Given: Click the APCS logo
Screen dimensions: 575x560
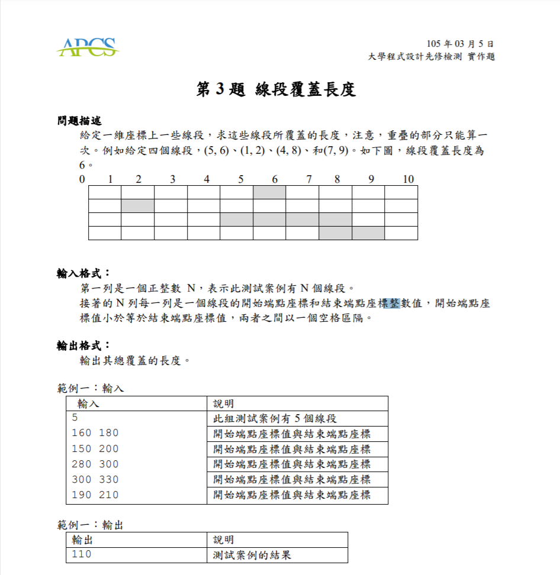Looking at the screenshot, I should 88,47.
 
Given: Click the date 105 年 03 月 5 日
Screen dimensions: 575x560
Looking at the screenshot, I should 460,44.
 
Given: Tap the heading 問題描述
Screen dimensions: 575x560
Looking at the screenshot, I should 79,121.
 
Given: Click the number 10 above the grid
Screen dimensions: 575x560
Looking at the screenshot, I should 408,179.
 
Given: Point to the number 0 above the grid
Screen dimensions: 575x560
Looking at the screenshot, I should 82,179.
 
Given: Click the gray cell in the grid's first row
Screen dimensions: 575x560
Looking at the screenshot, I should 269,192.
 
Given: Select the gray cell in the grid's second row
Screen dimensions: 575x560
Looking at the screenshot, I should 137,206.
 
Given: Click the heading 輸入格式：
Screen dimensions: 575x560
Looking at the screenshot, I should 83,273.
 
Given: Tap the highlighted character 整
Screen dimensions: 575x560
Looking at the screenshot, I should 394,303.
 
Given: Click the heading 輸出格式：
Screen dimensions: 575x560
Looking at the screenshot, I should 83,345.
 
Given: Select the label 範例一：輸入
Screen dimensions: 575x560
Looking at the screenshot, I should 91,389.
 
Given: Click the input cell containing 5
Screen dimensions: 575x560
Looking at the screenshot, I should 75,418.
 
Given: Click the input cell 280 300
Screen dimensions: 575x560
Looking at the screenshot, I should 95,464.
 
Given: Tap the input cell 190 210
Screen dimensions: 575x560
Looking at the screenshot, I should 95,495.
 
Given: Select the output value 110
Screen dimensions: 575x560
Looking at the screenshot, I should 82,555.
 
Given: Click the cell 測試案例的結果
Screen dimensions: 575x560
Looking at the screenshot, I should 252,555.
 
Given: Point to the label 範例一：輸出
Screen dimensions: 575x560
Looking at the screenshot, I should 91,525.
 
